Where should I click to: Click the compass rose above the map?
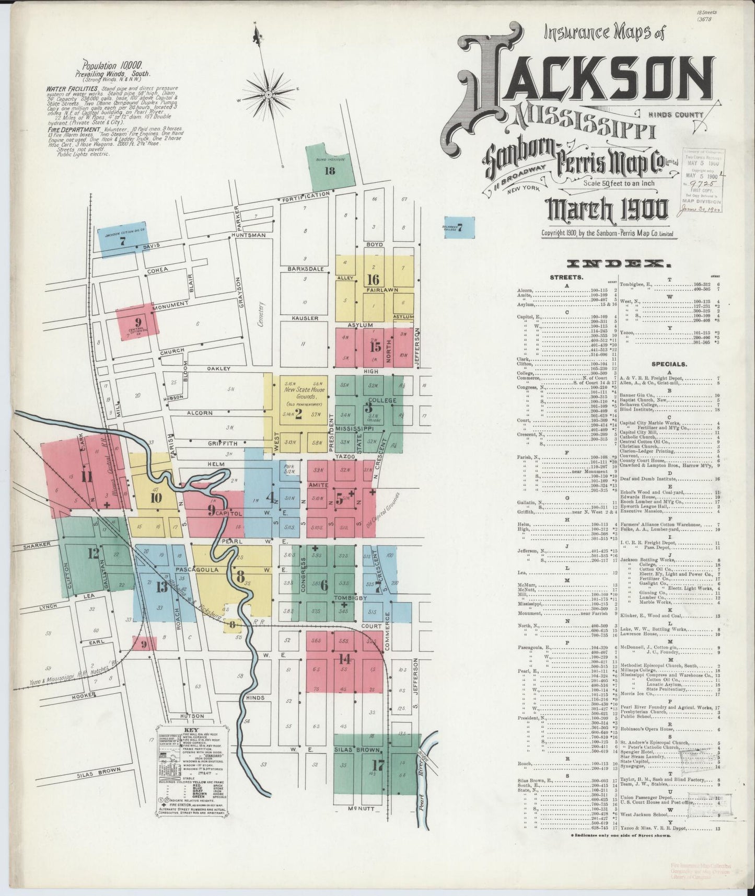(268, 95)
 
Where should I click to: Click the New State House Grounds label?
(304, 393)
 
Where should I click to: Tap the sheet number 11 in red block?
(87, 476)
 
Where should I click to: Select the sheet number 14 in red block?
(345, 658)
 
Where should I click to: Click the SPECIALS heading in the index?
(669, 364)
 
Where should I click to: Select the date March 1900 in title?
(607, 210)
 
